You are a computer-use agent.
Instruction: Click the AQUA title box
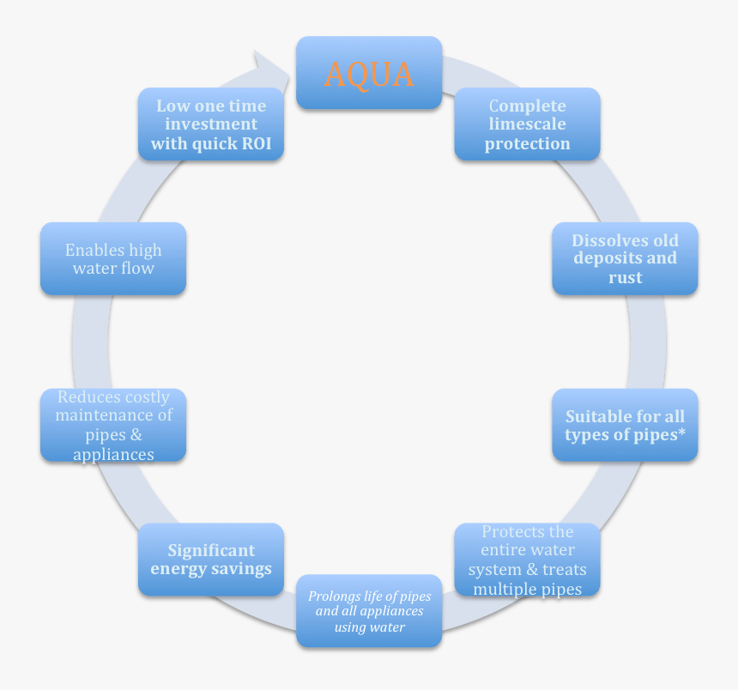coord(369,73)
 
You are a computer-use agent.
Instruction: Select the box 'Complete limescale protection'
coord(527,124)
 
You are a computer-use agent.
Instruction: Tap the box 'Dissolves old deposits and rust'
coord(625,258)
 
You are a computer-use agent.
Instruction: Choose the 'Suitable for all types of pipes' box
coord(625,425)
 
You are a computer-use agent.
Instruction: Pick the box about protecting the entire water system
coord(527,560)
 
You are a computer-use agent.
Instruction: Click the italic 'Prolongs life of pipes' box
coord(369,611)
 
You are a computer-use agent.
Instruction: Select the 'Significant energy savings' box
coord(211,560)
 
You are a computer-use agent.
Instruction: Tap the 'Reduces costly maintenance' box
coord(113,425)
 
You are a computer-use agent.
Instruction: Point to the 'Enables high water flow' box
coord(113,258)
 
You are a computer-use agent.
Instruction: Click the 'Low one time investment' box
coord(211,124)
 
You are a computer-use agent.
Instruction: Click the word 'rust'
coord(625,277)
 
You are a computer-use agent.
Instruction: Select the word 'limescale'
coord(527,124)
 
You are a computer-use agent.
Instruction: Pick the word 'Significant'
coord(211,550)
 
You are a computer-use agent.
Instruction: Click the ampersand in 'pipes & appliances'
coord(136,435)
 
